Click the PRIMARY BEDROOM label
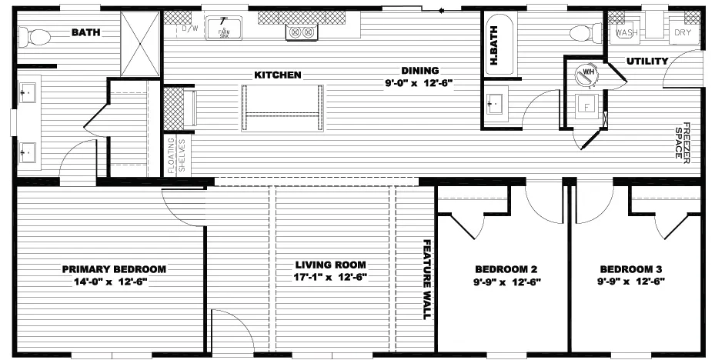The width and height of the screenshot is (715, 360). click(x=114, y=269)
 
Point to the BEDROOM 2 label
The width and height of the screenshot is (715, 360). click(x=506, y=269)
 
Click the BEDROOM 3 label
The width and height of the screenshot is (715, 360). click(x=631, y=269)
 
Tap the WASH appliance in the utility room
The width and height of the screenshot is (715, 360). click(x=625, y=33)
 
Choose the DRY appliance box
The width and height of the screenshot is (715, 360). click(x=683, y=33)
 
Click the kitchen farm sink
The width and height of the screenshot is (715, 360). click(x=224, y=30)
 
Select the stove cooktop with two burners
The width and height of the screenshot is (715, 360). click(x=301, y=32)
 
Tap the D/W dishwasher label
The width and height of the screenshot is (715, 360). click(x=189, y=29)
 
